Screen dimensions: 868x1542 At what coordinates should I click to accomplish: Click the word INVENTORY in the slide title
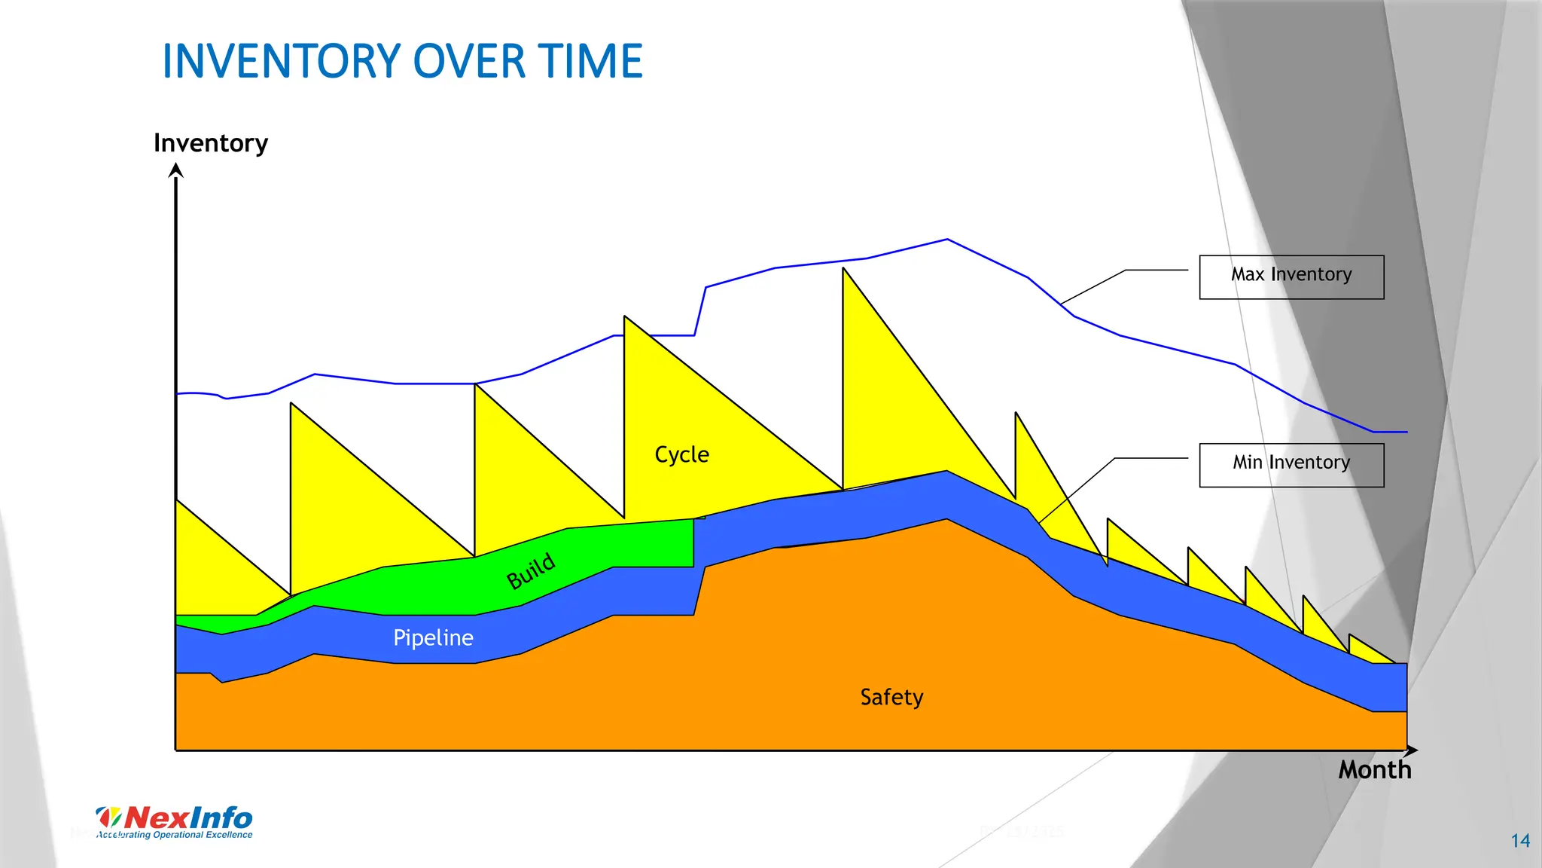click(x=282, y=62)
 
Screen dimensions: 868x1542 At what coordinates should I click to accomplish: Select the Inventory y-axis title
click(x=211, y=143)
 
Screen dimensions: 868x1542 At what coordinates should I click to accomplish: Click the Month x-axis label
click(x=1374, y=770)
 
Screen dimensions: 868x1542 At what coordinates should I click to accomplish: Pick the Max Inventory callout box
click(x=1291, y=277)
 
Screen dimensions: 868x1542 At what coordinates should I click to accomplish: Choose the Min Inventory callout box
click(x=1291, y=465)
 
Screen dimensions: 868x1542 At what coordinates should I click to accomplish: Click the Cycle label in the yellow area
click(x=681, y=455)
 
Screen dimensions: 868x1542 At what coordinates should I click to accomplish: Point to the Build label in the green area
click(x=531, y=570)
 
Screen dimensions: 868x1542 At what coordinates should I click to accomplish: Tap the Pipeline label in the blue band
click(x=433, y=638)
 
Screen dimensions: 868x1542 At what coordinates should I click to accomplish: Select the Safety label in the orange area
click(x=891, y=697)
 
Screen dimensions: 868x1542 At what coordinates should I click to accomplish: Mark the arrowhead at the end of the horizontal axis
click(x=1412, y=750)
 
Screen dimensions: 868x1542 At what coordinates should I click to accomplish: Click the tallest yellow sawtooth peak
click(x=845, y=271)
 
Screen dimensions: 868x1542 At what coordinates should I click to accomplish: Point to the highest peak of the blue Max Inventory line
click(x=947, y=240)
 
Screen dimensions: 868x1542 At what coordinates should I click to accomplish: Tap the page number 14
click(x=1520, y=841)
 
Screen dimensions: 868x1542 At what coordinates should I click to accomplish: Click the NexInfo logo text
click(x=188, y=818)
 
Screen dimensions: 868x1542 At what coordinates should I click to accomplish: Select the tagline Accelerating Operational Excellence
click(x=175, y=835)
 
